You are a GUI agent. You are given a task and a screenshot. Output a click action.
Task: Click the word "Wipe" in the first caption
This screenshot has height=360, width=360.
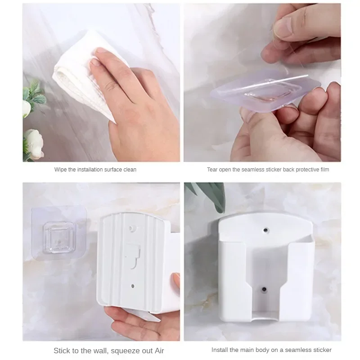click(x=60, y=170)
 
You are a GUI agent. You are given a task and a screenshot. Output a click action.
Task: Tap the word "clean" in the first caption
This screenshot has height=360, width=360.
click(x=130, y=170)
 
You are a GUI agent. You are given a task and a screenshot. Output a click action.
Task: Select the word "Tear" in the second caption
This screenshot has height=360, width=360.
click(x=212, y=170)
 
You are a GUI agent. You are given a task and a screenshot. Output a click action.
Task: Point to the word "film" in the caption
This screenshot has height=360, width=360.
click(x=324, y=170)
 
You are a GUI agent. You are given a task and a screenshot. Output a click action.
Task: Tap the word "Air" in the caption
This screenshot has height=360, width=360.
click(x=159, y=351)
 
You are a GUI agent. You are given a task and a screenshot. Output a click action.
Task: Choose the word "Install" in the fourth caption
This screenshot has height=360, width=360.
click(x=220, y=350)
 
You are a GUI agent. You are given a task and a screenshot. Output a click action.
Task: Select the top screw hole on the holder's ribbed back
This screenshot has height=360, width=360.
click(x=132, y=229)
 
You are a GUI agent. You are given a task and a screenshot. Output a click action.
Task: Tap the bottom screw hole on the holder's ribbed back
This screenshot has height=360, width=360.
click(x=133, y=286)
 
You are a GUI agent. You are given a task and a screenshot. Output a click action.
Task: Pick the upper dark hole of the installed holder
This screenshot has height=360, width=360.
click(x=266, y=230)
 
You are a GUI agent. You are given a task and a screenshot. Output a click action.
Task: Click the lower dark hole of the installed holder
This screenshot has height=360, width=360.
click(x=264, y=289)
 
